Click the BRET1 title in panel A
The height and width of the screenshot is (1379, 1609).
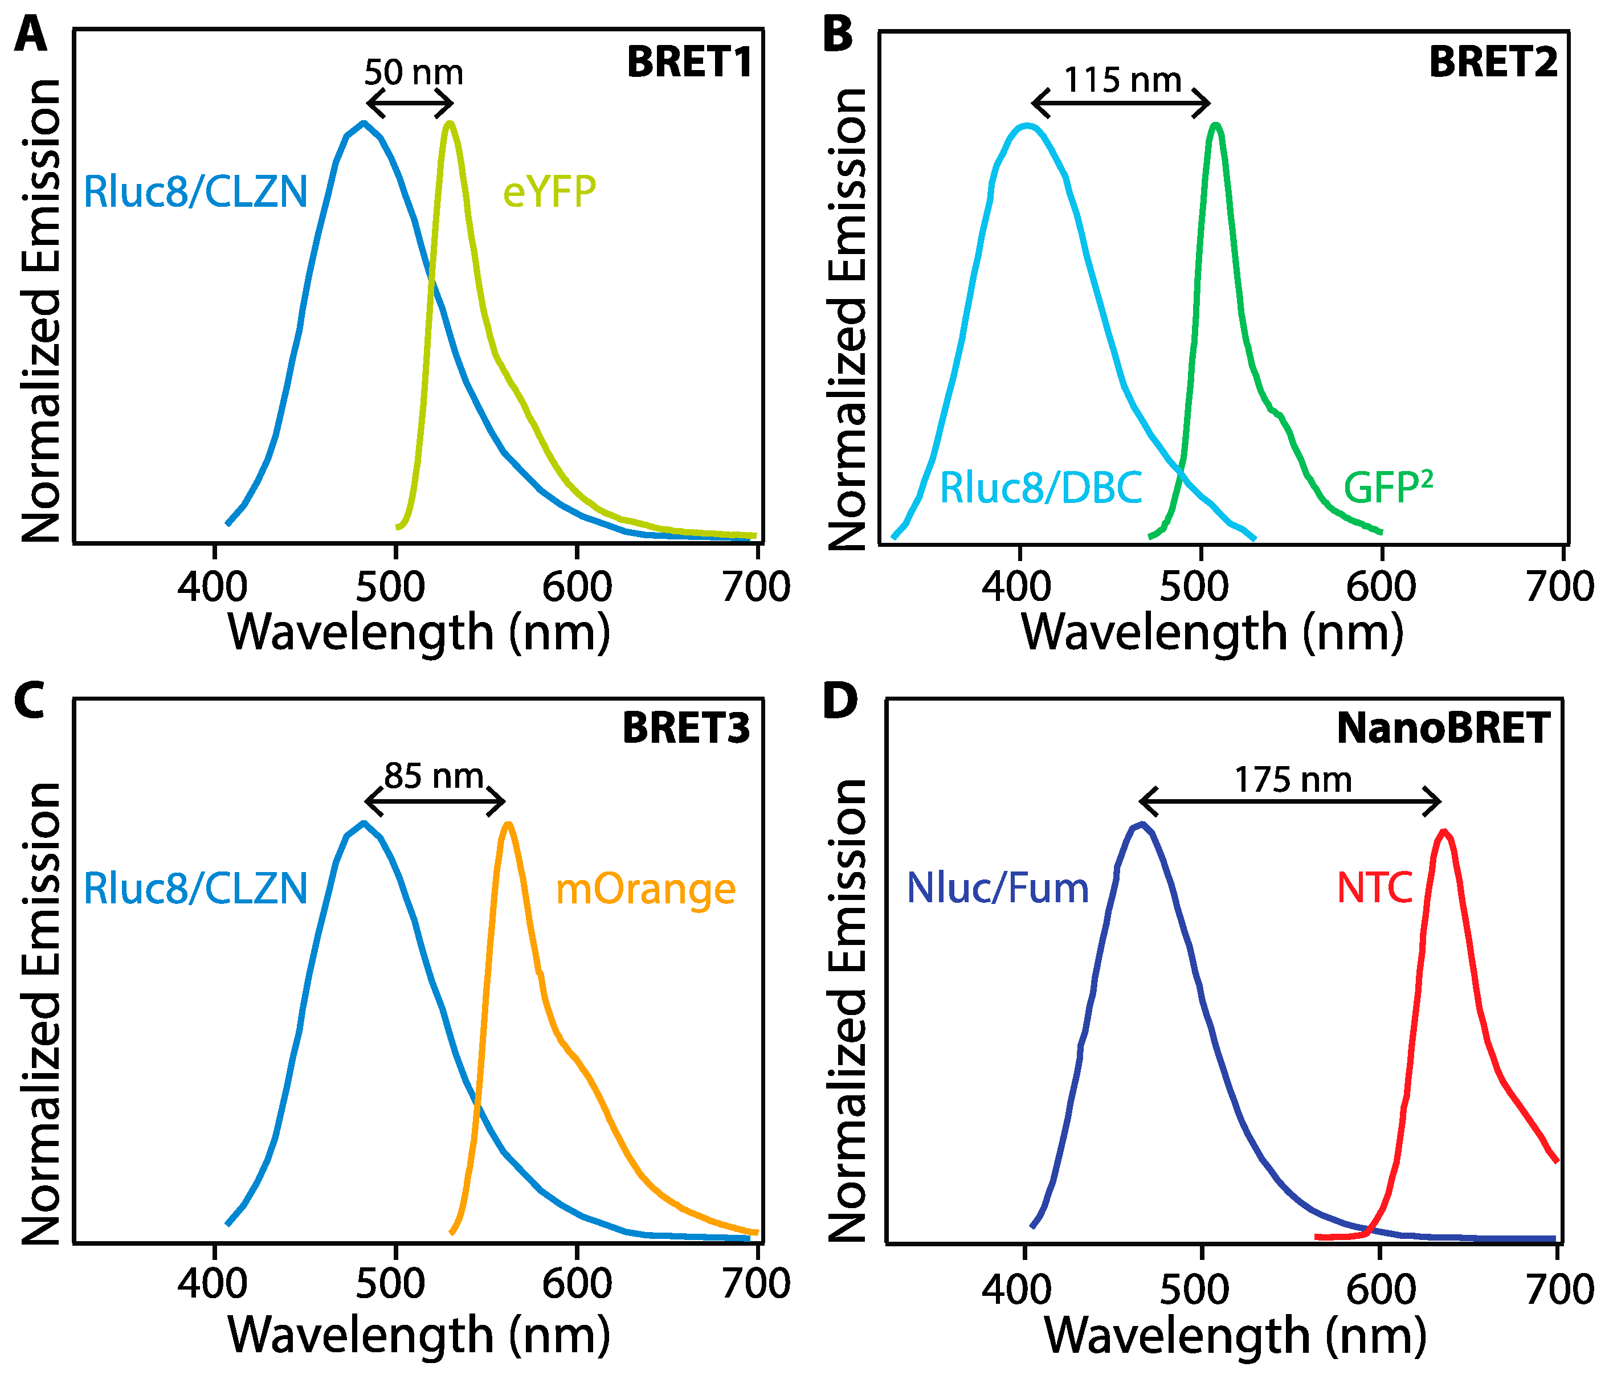click(689, 62)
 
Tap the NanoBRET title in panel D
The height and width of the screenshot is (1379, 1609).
click(1443, 729)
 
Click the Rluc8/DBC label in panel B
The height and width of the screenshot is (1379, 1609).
click(1040, 488)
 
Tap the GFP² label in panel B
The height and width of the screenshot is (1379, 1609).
click(1388, 488)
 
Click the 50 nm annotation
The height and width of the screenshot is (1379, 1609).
click(413, 73)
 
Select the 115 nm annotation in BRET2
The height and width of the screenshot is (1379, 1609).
click(1122, 80)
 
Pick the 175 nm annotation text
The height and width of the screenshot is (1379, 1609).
click(1293, 780)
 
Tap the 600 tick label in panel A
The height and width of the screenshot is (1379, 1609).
click(576, 587)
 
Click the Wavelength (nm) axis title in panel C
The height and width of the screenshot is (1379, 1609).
click(419, 1336)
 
